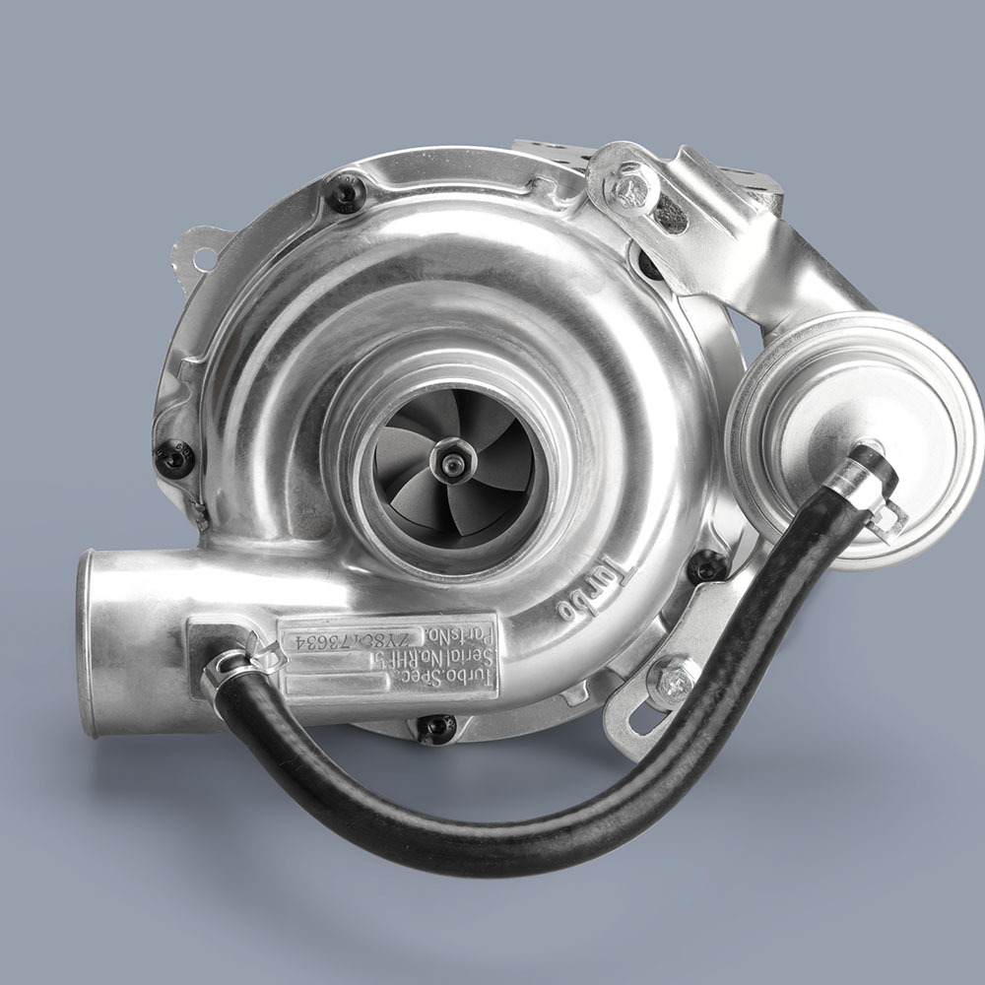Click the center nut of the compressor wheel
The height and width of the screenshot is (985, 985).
coord(452,460)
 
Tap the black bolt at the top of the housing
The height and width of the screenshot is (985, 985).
coord(347,193)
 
